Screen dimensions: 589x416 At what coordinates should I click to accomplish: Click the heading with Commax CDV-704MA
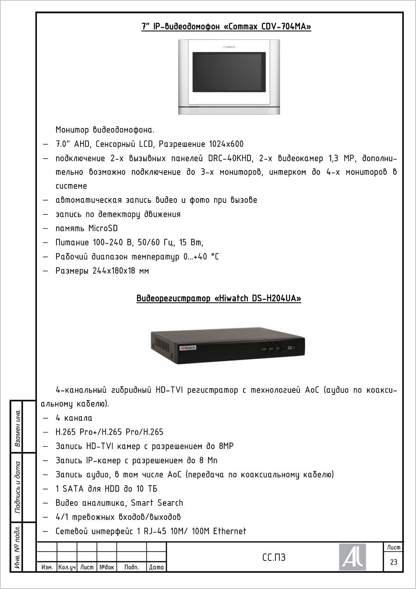click(226, 26)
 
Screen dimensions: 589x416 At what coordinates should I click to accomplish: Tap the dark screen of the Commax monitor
click(229, 71)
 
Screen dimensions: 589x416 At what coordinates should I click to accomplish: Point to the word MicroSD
click(103, 228)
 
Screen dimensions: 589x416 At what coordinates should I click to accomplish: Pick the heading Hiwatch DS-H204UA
click(219, 299)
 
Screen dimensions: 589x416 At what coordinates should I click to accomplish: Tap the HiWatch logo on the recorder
click(187, 348)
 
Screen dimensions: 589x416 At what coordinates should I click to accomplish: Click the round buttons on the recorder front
click(271, 349)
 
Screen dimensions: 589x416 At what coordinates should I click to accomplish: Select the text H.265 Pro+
click(77, 432)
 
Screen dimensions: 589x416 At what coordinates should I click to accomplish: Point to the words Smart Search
click(157, 503)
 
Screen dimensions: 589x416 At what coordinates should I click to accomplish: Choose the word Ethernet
click(229, 531)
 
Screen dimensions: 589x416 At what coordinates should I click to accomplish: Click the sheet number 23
click(393, 562)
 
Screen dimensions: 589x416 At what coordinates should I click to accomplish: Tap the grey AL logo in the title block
click(352, 557)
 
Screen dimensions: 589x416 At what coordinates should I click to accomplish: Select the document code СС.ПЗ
click(274, 557)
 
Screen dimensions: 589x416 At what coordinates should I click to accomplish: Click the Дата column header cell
click(156, 567)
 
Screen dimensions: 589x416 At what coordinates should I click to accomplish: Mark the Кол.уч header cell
click(67, 567)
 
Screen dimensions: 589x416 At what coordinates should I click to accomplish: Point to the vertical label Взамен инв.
click(18, 427)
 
